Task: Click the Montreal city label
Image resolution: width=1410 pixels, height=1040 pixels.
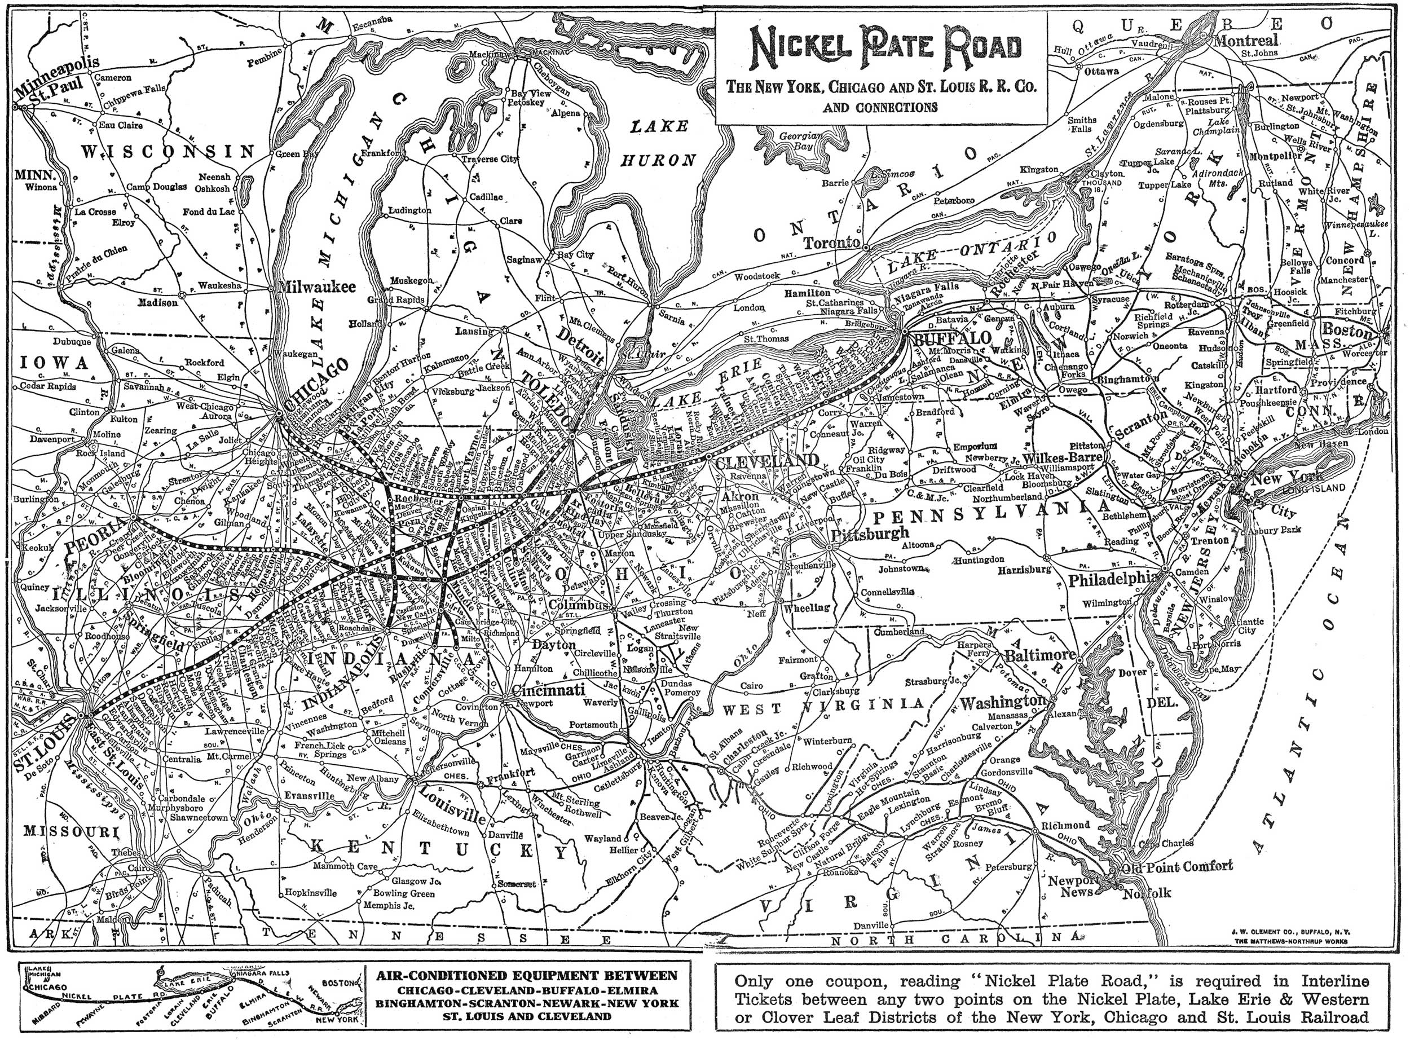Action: [1246, 40]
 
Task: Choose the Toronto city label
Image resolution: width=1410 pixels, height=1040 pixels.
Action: [831, 243]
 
